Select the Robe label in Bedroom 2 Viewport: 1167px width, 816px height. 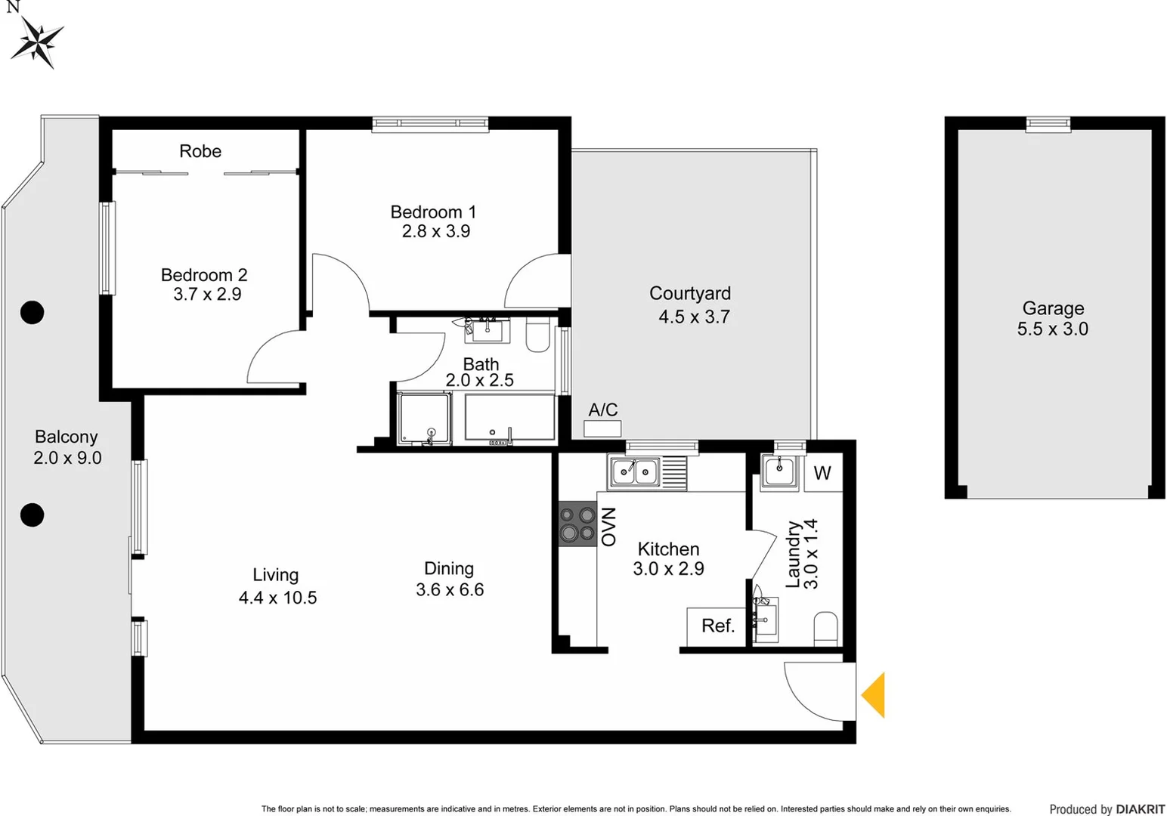[200, 151]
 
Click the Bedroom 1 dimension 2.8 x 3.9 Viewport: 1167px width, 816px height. [436, 232]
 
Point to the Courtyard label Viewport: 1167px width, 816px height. [689, 293]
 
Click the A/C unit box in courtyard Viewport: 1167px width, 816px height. [602, 428]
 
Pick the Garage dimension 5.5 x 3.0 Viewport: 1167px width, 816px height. [1052, 329]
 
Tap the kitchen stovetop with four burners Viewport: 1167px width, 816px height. [577, 524]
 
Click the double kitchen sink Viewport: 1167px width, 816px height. [635, 472]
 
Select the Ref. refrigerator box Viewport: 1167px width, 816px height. [717, 626]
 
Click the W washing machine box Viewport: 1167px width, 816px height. [822, 473]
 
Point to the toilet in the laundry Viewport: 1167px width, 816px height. [826, 628]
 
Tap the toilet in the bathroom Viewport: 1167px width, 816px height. [537, 335]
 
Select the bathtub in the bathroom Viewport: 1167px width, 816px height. [509, 416]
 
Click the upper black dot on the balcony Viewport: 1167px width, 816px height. [32, 312]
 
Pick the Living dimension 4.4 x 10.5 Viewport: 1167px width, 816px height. [277, 598]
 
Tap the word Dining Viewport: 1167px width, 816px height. [449, 569]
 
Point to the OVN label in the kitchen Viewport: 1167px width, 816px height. [608, 527]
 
